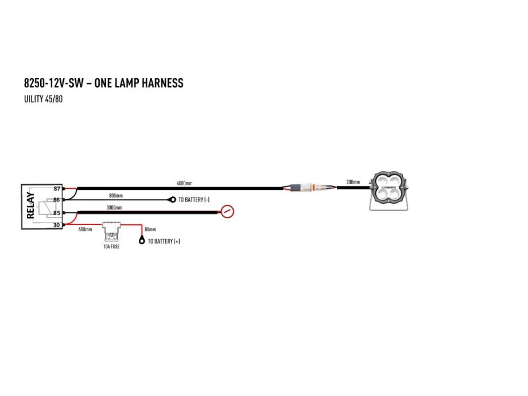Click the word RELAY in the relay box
coord(30,205)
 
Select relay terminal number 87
coord(57,189)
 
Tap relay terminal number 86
coord(56,200)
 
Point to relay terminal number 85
coord(57,213)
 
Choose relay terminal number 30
coord(57,225)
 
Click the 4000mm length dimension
coord(185,183)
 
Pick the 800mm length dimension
coord(116,196)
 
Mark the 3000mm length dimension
coord(114,207)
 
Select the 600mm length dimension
coord(85,230)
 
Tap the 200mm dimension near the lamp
coord(353,182)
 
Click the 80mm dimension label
coord(150,230)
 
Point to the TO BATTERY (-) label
coord(194,200)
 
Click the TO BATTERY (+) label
coord(164,241)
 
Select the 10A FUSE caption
coord(111,246)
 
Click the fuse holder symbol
coord(111,232)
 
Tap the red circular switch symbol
coord(227,211)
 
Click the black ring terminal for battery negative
coord(173,200)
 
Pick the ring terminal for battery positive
coord(141,240)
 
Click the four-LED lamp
coord(389,191)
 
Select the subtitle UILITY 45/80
coord(44,99)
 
